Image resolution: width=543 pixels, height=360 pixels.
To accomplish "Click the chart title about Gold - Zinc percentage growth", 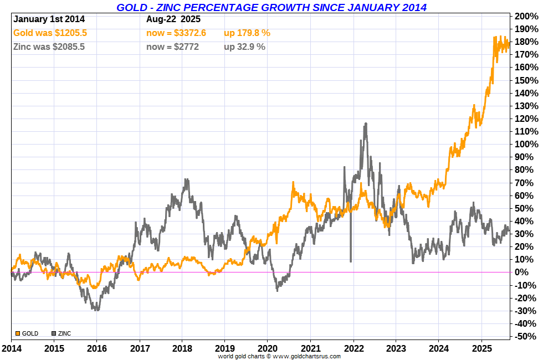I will (271, 7).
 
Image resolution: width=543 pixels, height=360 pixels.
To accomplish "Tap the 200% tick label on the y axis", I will (526, 16).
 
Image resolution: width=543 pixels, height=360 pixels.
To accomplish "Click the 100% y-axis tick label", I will (526, 144).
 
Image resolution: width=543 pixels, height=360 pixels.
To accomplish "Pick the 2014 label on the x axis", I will (12, 349).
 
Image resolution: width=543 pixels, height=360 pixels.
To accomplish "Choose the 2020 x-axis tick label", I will (267, 349).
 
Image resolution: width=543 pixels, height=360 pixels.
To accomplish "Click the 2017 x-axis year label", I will (139, 349).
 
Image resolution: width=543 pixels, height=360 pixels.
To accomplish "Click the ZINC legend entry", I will (62, 333).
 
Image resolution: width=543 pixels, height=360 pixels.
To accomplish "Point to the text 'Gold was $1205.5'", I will (50, 33).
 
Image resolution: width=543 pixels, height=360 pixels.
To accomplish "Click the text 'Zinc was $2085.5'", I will (49, 47).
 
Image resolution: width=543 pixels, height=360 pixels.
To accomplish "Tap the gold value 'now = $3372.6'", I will (176, 33).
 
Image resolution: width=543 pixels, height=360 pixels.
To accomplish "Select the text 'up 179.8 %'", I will (247, 33).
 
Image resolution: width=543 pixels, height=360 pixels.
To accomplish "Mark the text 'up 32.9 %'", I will (244, 47).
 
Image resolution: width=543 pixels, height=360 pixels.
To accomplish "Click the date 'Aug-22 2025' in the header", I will (173, 19).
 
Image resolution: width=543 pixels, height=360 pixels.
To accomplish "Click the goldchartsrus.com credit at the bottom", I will (279, 356).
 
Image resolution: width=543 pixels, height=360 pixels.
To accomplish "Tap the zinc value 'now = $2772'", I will (172, 47).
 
